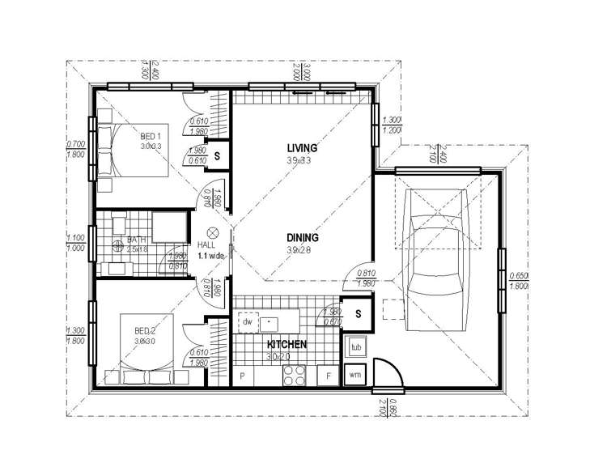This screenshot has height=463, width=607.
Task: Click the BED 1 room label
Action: coord(151,135)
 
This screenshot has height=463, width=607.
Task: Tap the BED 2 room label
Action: coord(143,329)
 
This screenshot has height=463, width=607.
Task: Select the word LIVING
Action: coord(301,148)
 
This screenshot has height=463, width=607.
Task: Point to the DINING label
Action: coord(302,238)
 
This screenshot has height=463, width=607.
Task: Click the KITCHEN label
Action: coord(287,345)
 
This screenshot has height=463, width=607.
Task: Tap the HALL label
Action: coord(207,244)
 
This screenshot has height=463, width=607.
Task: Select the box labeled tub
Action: coord(354,348)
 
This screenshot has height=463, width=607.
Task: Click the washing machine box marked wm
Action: coord(354,374)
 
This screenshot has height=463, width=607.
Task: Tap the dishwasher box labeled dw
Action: coord(247,321)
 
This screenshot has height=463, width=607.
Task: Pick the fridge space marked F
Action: coord(328,376)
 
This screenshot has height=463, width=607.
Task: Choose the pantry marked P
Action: coord(243,376)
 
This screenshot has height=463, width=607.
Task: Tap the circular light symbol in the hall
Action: coord(214,230)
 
